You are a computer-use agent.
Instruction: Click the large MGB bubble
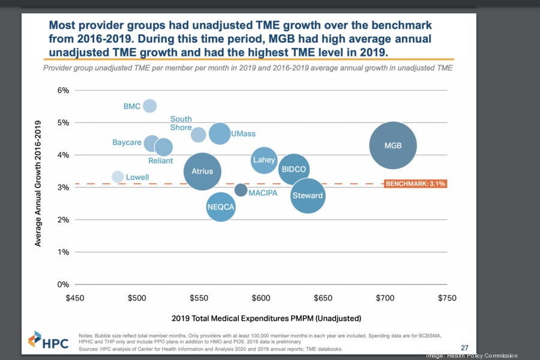[x=393, y=146]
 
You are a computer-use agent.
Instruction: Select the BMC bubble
[x=149, y=106]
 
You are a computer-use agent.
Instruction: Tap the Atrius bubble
[x=202, y=172]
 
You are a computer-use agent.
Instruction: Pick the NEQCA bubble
[x=220, y=208]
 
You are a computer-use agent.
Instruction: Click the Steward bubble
[x=308, y=196]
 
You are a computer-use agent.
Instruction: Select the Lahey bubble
[x=264, y=160]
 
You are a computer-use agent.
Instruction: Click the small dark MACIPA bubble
[x=241, y=190]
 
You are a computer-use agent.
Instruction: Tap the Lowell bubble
[x=118, y=176]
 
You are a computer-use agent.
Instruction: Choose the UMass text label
[x=241, y=133]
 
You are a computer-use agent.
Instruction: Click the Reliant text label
[x=160, y=161]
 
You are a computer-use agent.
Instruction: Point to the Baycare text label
[x=127, y=143]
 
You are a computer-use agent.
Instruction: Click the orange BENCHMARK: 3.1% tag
[x=415, y=184]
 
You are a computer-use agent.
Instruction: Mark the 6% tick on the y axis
[x=63, y=91]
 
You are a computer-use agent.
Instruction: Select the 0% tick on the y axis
[x=63, y=284]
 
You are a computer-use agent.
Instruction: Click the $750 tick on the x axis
[x=447, y=298]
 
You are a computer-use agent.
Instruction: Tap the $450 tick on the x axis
[x=75, y=298]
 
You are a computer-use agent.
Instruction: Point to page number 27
[x=464, y=347]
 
